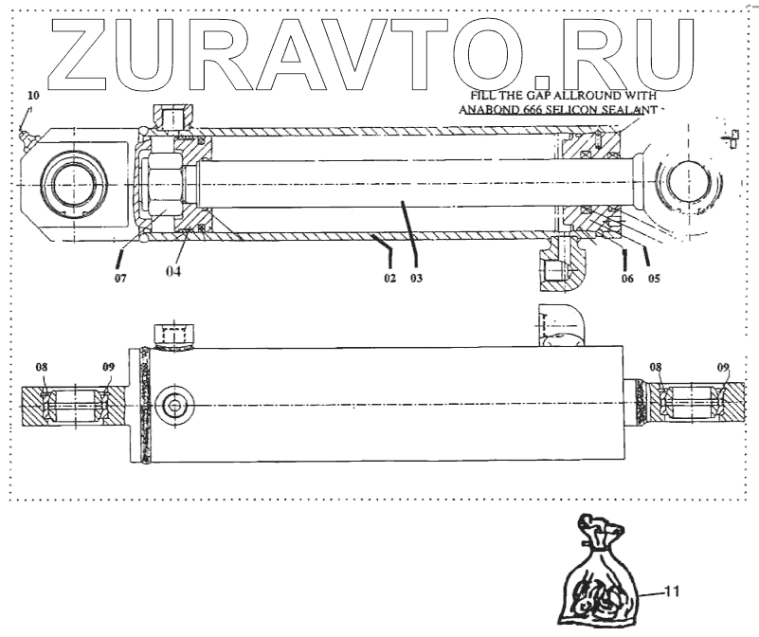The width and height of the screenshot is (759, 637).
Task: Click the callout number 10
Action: point(33,96)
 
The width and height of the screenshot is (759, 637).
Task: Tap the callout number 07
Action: point(120,279)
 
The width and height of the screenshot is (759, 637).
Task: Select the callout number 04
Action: point(174,272)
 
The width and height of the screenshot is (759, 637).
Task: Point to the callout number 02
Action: point(389,279)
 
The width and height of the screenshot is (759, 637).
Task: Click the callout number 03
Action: point(415,279)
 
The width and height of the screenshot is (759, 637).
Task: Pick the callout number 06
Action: point(626,279)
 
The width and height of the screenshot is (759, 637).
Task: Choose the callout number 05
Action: point(653,279)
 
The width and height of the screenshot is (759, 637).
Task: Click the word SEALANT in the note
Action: point(625,108)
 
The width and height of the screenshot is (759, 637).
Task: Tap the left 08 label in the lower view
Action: point(43,367)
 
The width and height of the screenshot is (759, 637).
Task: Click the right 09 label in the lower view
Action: point(723,367)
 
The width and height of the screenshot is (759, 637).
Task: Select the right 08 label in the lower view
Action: point(656,367)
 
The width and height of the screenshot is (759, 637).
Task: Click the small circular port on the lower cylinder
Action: point(173,406)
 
